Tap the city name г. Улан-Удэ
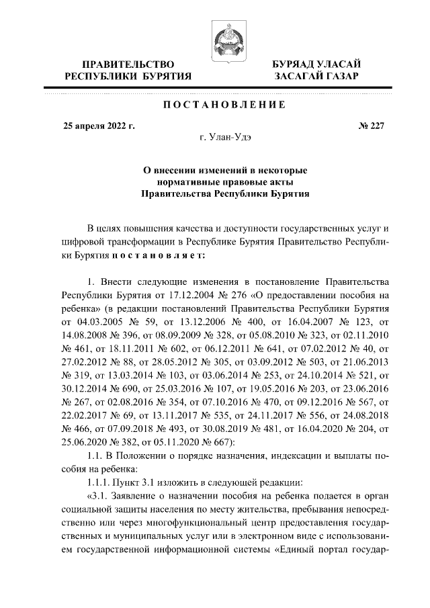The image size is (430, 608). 225,137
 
